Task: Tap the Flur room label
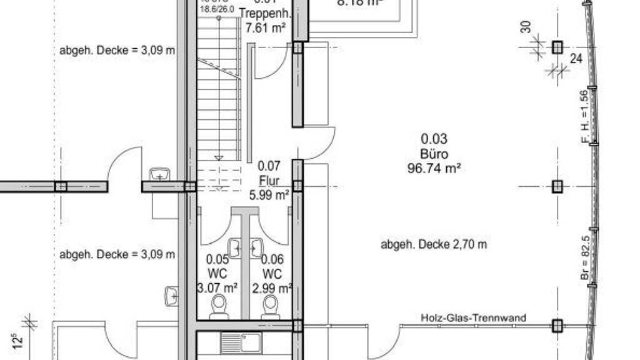point(269,181)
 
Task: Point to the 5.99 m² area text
point(269,195)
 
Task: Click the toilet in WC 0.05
point(219,306)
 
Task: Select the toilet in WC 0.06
point(270,306)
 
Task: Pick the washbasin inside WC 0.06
point(257,248)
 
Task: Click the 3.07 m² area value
point(217,288)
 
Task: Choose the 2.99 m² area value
point(272,288)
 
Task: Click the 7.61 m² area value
point(266,28)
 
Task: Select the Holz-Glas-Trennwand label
point(473,318)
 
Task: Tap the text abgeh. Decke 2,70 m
point(434,244)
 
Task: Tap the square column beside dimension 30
point(557,47)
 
